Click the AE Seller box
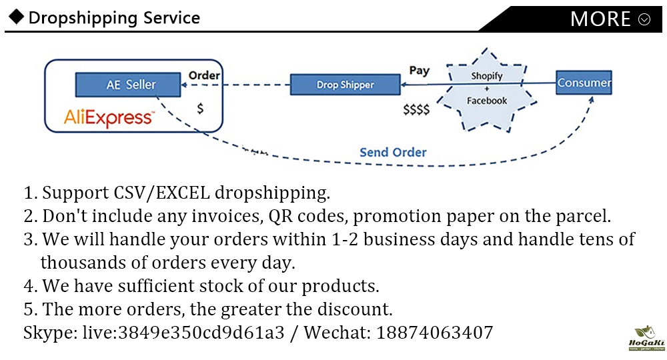pos(131,85)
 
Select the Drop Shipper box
pos(345,85)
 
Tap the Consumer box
pos(584,83)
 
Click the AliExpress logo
pos(109,118)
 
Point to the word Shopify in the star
pos(486,76)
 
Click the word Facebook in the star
pos(486,101)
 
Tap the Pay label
pos(419,70)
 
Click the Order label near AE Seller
pos(204,75)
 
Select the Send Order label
pos(393,152)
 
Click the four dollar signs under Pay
pos(416,110)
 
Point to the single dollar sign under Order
pos(200,107)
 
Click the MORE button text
pos(600,19)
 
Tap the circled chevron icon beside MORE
pos(644,19)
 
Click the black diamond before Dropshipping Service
pos(17,17)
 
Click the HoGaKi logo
pos(642,339)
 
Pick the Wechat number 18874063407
pos(434,332)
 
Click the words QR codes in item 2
pos(304,216)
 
